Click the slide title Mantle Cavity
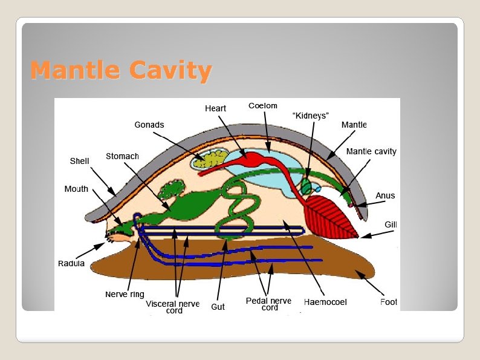(121, 71)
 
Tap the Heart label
(215, 108)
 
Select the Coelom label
(263, 106)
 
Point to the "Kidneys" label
(310, 115)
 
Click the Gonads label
(149, 125)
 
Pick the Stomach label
(122, 156)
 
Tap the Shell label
(79, 161)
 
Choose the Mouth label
(76, 189)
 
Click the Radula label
(71, 263)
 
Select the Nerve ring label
(125, 295)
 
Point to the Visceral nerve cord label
(173, 307)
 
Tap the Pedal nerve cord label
(268, 304)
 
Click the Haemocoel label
(325, 301)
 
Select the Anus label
(385, 195)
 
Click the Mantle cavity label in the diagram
(371, 151)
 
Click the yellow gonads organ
(211, 160)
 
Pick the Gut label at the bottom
(218, 307)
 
